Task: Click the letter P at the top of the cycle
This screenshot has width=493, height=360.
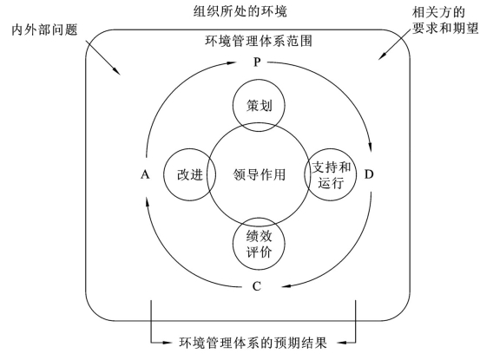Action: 257,62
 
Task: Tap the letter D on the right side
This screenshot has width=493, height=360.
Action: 369,174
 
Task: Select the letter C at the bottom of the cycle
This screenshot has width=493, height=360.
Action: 257,286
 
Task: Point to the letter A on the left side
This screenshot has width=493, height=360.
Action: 145,174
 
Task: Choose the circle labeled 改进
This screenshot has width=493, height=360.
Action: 164,174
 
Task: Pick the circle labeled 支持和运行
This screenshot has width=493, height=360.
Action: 357,174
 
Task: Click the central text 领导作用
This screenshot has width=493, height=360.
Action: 259,174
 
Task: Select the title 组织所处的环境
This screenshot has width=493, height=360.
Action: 240,11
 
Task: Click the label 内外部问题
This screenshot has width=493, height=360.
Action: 44,29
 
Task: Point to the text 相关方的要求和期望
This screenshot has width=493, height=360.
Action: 444,21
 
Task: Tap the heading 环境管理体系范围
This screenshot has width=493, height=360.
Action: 259,41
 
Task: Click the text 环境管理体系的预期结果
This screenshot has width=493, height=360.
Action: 253,343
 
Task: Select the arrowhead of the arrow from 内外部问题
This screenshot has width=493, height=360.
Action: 117,72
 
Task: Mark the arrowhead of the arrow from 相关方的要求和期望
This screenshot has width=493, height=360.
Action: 381,56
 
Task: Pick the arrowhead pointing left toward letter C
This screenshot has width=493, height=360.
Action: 286,286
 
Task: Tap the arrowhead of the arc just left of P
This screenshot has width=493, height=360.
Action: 232,62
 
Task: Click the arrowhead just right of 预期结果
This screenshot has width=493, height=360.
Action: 341,342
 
